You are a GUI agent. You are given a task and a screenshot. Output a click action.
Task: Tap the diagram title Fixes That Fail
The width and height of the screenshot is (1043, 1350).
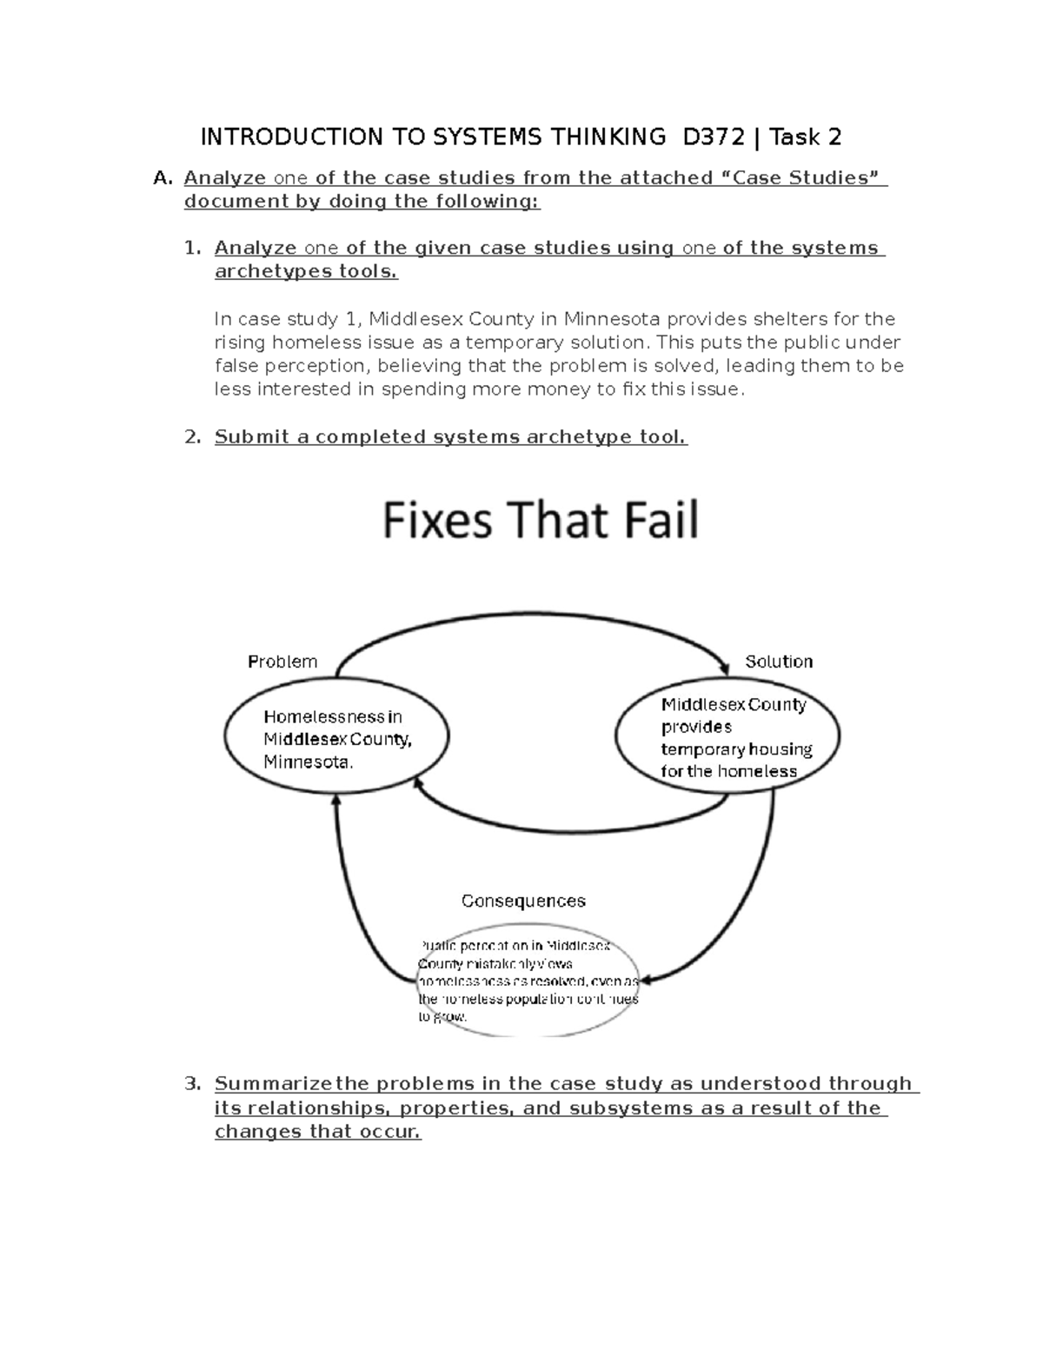[541, 522]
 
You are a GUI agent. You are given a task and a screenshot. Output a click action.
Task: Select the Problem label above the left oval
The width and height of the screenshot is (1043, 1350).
[282, 662]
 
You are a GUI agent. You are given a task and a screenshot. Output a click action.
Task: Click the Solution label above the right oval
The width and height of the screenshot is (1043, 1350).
[779, 662]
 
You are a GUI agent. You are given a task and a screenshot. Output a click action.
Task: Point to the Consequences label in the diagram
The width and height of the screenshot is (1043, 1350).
[523, 901]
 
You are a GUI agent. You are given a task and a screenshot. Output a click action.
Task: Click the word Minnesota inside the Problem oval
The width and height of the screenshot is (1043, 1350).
[308, 762]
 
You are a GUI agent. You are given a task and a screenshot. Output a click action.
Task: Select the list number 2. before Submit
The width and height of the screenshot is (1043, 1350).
[192, 437]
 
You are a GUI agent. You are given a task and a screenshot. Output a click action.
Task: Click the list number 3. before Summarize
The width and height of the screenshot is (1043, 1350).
[192, 1084]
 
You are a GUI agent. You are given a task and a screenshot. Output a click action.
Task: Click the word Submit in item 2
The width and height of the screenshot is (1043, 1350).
[248, 437]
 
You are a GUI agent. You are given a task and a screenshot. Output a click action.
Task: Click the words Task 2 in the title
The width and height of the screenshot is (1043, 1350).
[806, 137]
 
